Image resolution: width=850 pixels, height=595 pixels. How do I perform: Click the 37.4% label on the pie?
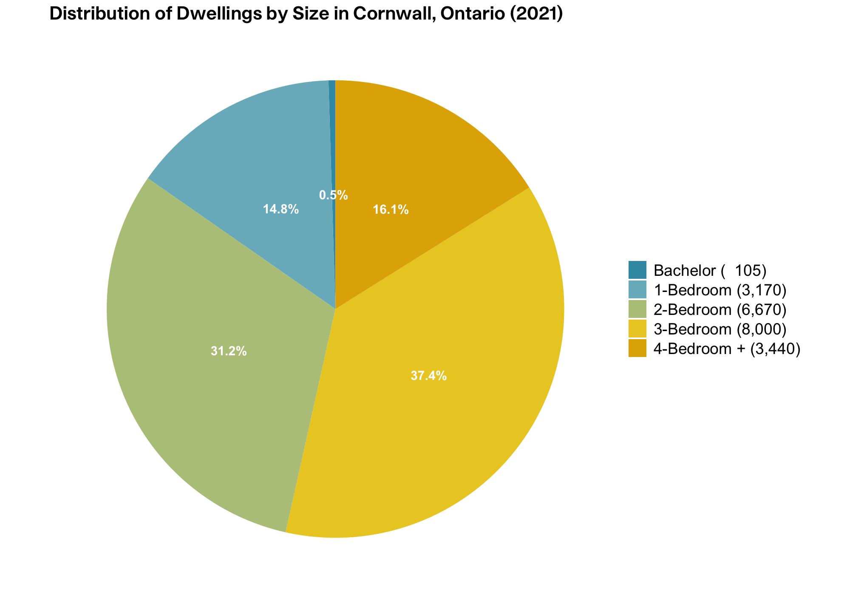pyautogui.click(x=428, y=376)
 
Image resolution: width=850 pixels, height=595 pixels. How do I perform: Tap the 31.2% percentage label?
pyautogui.click(x=229, y=351)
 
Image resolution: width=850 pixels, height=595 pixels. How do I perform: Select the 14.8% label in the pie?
pyautogui.click(x=281, y=209)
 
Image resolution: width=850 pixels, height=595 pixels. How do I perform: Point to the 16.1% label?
pyautogui.click(x=391, y=210)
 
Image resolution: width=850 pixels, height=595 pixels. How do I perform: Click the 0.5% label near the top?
pyautogui.click(x=333, y=195)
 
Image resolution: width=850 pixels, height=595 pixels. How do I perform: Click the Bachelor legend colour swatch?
pyautogui.click(x=637, y=270)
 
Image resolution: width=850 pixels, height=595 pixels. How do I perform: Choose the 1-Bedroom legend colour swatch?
pyautogui.click(x=637, y=289)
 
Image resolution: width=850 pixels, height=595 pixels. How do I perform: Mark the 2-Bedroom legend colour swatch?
pyautogui.click(x=637, y=309)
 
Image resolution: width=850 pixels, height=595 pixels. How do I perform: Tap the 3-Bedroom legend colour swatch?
pyautogui.click(x=637, y=329)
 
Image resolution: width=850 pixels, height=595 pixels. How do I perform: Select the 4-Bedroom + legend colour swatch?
pyautogui.click(x=637, y=348)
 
